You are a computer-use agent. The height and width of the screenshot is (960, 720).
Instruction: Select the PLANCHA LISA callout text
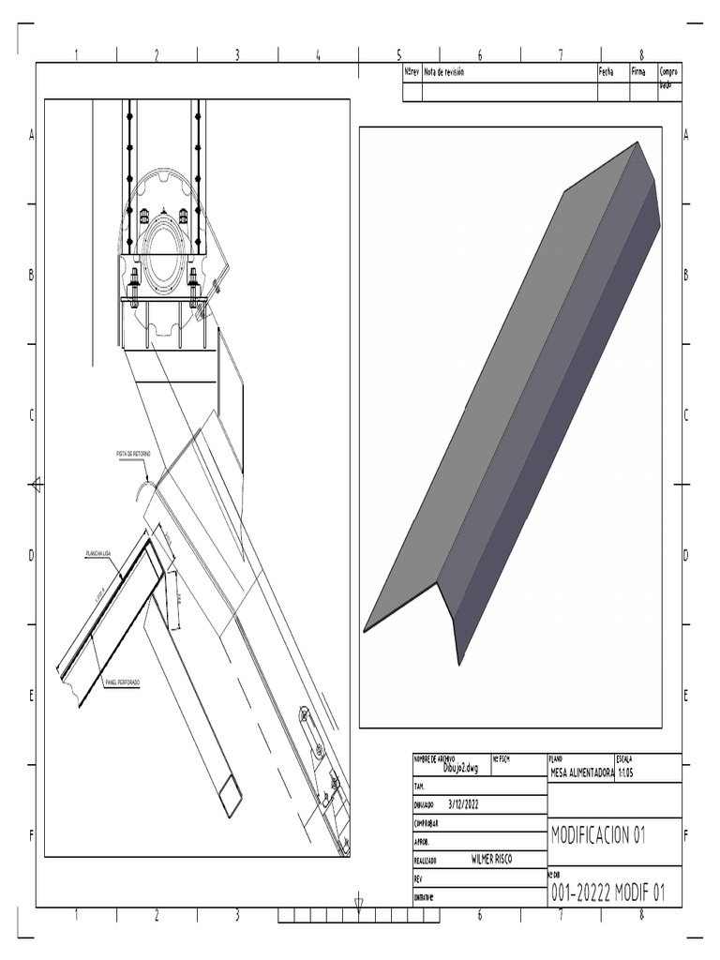[x=99, y=555]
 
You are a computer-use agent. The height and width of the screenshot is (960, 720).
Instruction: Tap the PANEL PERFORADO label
[x=123, y=683]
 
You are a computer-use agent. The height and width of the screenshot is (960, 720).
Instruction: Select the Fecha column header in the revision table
[x=606, y=72]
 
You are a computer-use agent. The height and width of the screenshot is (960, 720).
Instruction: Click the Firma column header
[x=638, y=72]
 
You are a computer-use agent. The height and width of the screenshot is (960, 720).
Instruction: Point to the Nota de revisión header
[x=443, y=72]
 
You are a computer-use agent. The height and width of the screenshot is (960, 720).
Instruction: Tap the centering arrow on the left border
[x=36, y=484]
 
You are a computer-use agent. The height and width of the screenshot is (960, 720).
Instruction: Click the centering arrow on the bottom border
[x=359, y=906]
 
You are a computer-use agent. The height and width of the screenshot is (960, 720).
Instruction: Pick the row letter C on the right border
[x=686, y=415]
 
